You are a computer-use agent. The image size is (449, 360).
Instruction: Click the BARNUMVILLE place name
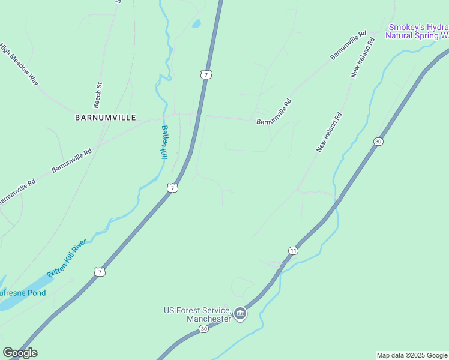pos(106,118)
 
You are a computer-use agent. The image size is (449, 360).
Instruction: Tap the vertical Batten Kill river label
pos(163,142)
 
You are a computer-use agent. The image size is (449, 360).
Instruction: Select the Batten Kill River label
pos(67,257)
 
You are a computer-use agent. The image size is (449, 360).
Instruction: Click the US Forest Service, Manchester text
pos(198,314)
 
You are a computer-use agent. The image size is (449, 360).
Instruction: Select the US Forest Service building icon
pos(240,314)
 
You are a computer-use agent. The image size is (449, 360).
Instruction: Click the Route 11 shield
pos(293,250)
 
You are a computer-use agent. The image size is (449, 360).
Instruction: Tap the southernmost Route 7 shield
pos(100,272)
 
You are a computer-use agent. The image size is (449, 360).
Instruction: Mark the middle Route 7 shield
pos(172,188)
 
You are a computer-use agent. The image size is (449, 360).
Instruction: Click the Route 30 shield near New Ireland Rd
pos(378,142)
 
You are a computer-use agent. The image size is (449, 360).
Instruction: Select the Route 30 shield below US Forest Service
pos(204,329)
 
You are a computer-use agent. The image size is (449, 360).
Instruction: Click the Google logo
pos(20,353)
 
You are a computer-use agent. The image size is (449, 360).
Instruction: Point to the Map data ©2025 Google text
pos(412,355)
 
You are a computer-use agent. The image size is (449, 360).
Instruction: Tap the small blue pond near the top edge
pos(196,25)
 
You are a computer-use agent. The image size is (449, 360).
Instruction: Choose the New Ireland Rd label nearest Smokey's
pos(363,59)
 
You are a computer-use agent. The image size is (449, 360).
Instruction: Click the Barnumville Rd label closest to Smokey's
pos(348,46)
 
